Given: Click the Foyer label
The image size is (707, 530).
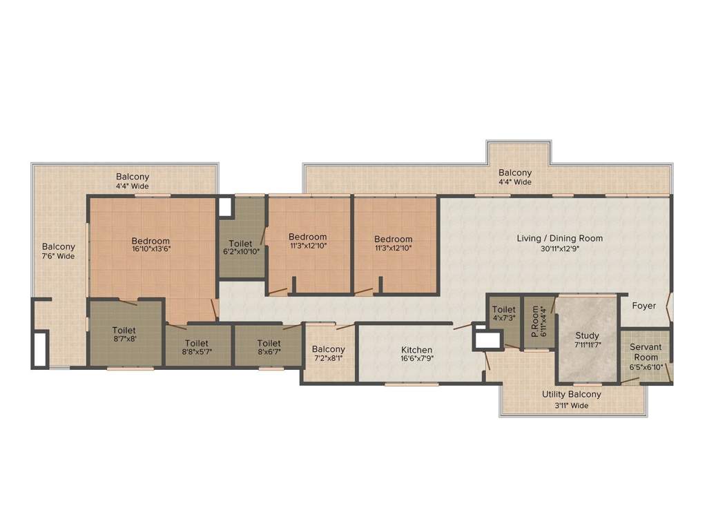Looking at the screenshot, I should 644,306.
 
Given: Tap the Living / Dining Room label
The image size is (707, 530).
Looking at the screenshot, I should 559,239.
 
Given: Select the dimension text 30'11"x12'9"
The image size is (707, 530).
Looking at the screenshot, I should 559,249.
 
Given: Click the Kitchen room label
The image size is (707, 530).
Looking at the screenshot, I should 417,350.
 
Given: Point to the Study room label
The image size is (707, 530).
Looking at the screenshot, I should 588,336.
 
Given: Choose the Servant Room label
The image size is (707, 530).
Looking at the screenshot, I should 646,352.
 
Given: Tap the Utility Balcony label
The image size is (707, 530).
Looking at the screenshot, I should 571,395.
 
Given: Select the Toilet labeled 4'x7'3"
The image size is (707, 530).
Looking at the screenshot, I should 504,310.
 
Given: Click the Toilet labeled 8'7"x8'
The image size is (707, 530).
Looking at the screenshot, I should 124,331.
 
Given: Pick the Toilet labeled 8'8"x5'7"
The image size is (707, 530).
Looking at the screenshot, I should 197,343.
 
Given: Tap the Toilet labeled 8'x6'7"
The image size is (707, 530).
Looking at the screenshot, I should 269,343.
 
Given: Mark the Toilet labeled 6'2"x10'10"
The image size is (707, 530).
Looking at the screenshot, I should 240,244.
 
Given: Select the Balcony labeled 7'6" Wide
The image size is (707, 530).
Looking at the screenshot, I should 59,246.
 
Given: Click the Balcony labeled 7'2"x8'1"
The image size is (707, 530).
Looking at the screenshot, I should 328,349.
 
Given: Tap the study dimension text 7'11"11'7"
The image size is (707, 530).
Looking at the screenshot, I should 588,346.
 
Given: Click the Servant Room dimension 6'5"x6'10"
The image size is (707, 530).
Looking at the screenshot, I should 646,367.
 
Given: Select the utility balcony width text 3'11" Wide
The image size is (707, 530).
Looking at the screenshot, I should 571,405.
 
